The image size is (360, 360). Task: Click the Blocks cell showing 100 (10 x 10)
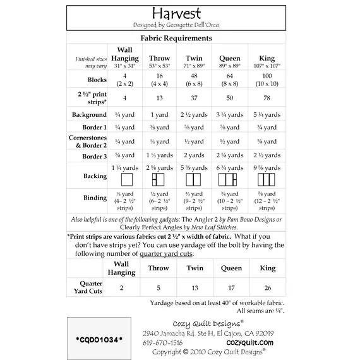tap(267, 80)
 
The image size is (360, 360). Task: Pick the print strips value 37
tap(195, 98)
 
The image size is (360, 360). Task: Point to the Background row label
tap(88, 115)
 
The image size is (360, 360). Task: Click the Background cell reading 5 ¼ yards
tap(267, 115)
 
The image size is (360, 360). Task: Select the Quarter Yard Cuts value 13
tap(195, 287)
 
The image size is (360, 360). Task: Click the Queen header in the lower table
tap(231, 268)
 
